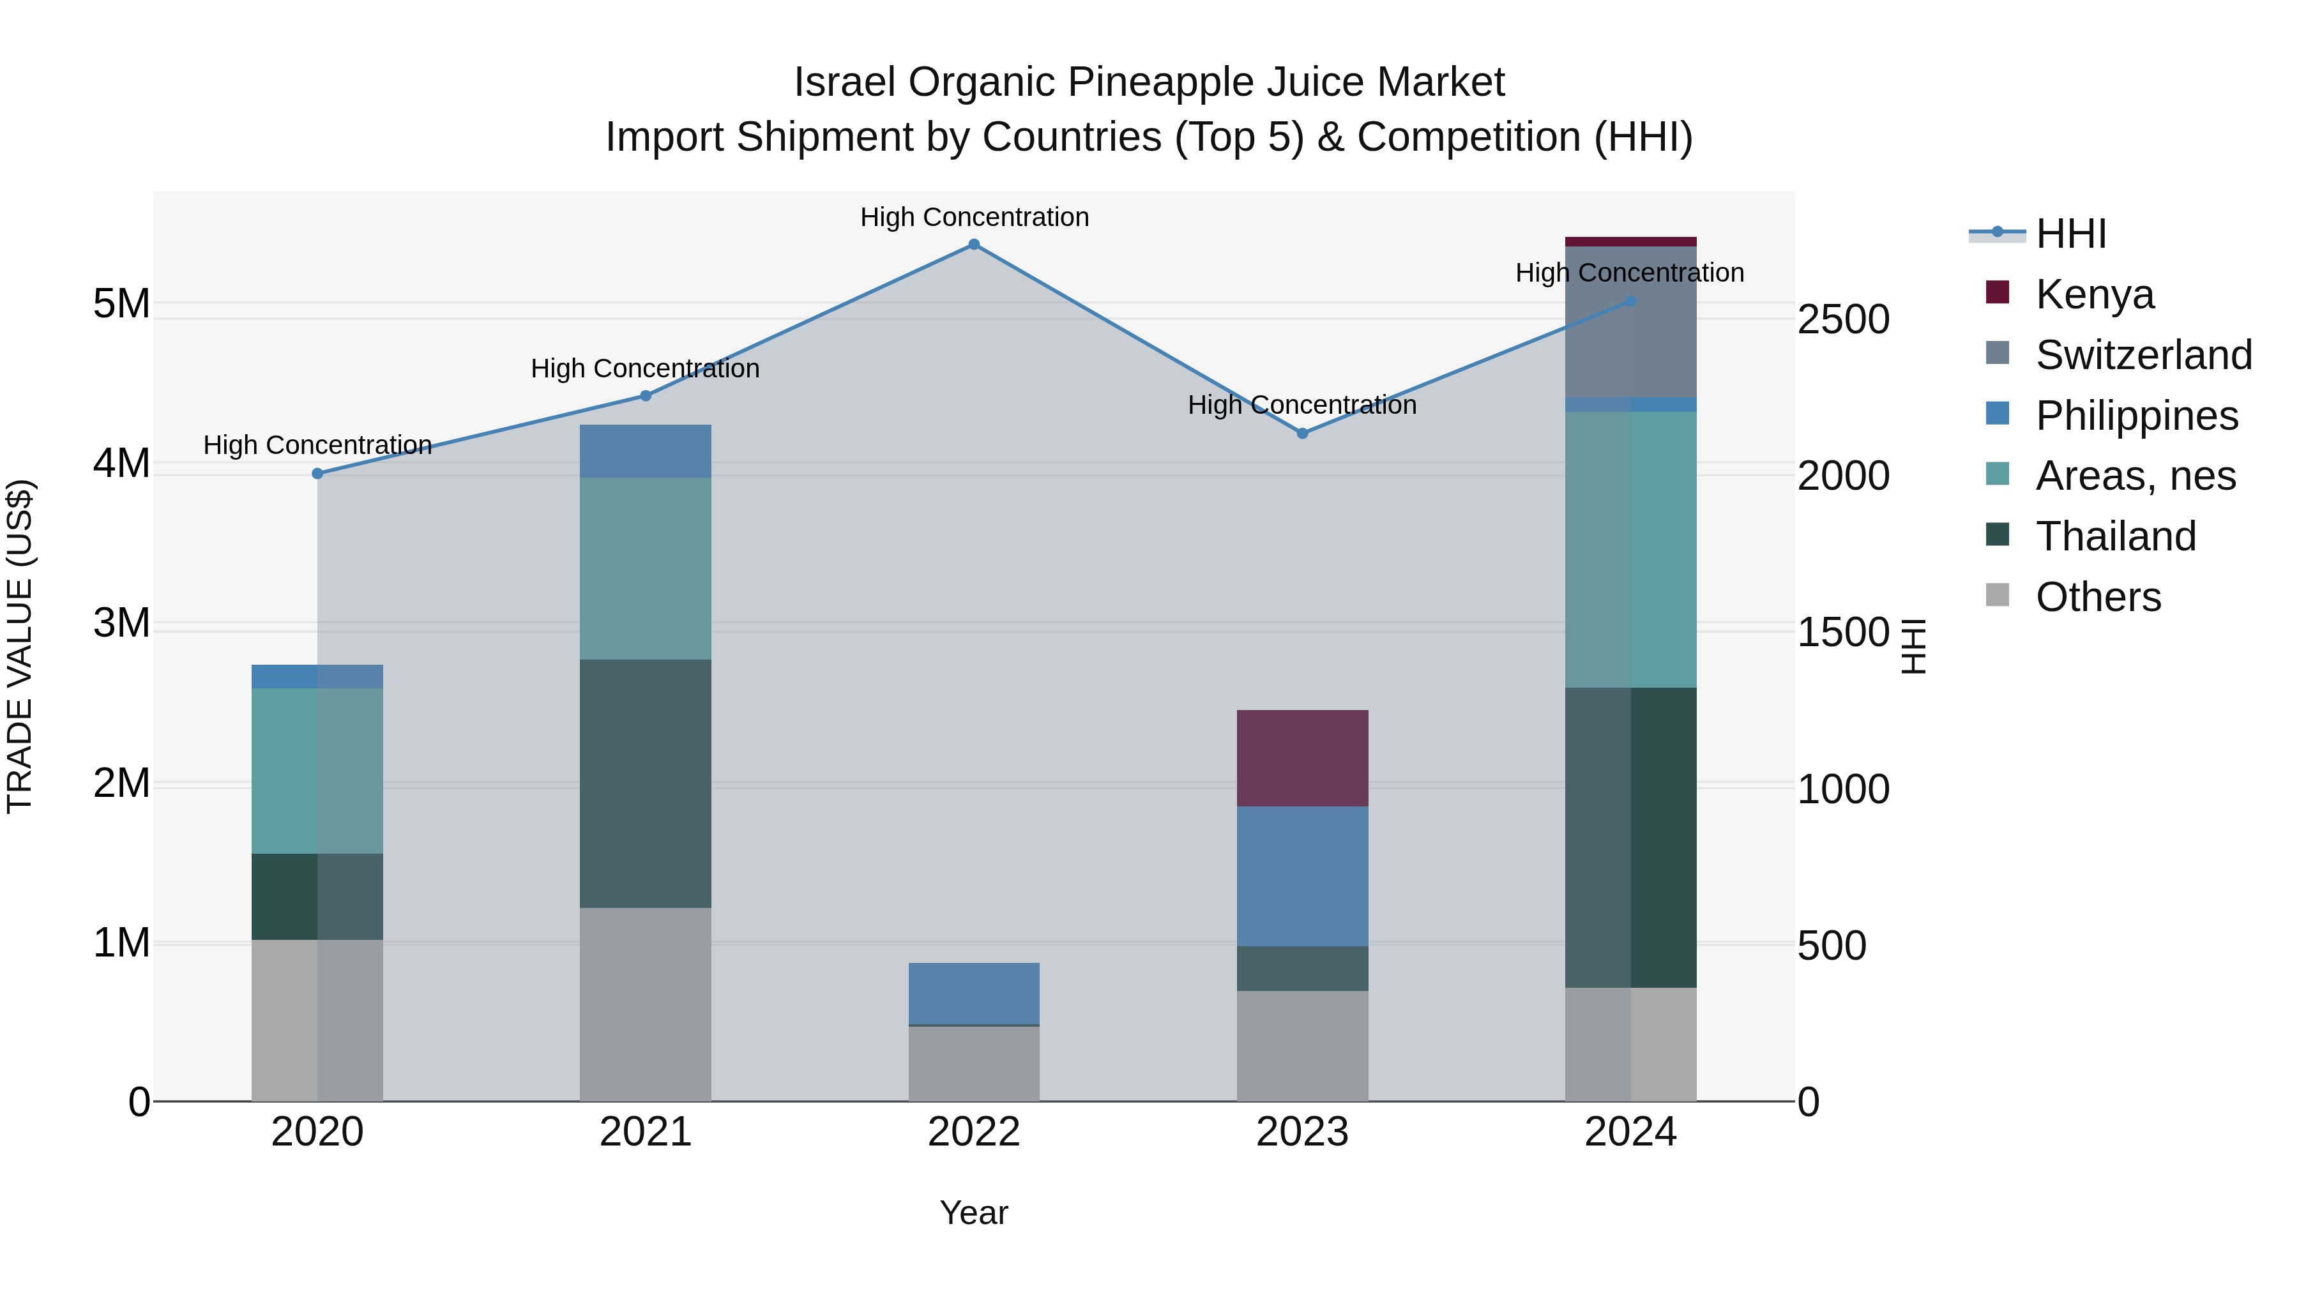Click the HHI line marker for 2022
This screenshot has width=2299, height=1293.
(974, 245)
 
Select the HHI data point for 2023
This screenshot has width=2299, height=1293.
(1302, 434)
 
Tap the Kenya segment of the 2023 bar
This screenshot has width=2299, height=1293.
(1302, 759)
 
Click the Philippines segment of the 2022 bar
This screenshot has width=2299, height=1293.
(974, 993)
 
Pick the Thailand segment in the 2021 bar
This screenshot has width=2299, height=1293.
(645, 783)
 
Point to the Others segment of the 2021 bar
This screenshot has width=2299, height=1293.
(645, 1004)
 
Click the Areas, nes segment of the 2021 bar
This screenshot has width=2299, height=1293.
(645, 568)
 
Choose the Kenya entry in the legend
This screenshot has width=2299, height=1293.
(2094, 294)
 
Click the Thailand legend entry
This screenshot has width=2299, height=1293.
(2115, 536)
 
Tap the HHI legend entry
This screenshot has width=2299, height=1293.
(2070, 234)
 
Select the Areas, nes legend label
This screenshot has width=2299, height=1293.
(2135, 476)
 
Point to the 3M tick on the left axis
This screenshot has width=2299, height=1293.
(121, 623)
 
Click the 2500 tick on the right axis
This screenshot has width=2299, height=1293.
(1843, 319)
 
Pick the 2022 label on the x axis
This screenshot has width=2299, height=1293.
(974, 1132)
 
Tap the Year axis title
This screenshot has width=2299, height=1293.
(974, 1213)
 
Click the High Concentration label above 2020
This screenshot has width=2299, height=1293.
(318, 444)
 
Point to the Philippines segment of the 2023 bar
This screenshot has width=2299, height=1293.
(1302, 876)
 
